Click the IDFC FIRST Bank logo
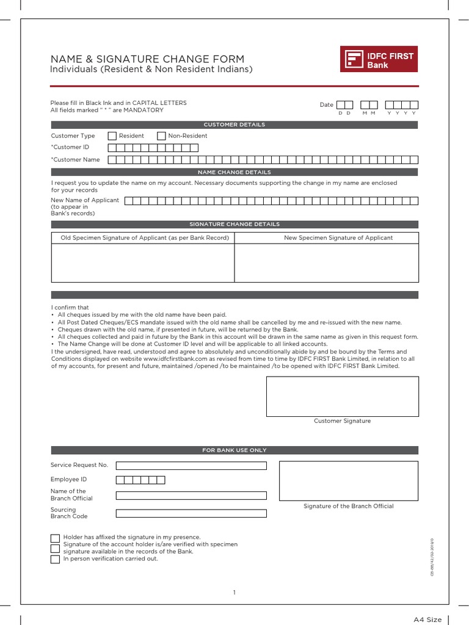pos(379,60)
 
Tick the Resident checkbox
pos(112,136)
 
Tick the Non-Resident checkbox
pos(161,136)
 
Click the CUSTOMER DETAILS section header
pos(234,125)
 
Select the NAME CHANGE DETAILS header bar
pos(234,172)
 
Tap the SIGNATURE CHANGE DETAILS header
pos(234,224)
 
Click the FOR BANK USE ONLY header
pos(234,450)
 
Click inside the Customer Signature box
pos(342,396)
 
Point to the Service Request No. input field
pos(191,466)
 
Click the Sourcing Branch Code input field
pos(191,513)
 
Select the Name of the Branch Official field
pos(191,496)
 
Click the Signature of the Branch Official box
pos(349,481)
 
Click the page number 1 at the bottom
pos(234,592)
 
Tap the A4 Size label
pos(427,620)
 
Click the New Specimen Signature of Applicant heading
pos(338,237)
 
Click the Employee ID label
pos(68,480)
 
